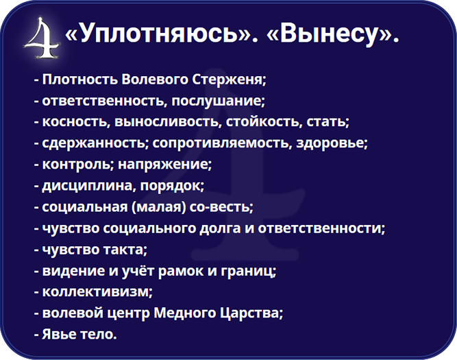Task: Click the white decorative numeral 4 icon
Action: [42, 38]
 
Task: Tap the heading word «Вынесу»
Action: [333, 33]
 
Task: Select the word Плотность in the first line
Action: [79, 80]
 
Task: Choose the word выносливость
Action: [166, 122]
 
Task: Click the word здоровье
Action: [332, 143]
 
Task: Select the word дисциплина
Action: [88, 186]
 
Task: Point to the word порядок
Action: [172, 186]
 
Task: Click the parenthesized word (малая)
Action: [159, 207]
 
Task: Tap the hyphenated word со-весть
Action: [221, 207]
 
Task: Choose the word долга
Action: [220, 228]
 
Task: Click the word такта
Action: [125, 250]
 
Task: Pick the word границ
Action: [248, 271]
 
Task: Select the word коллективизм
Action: [97, 291]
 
